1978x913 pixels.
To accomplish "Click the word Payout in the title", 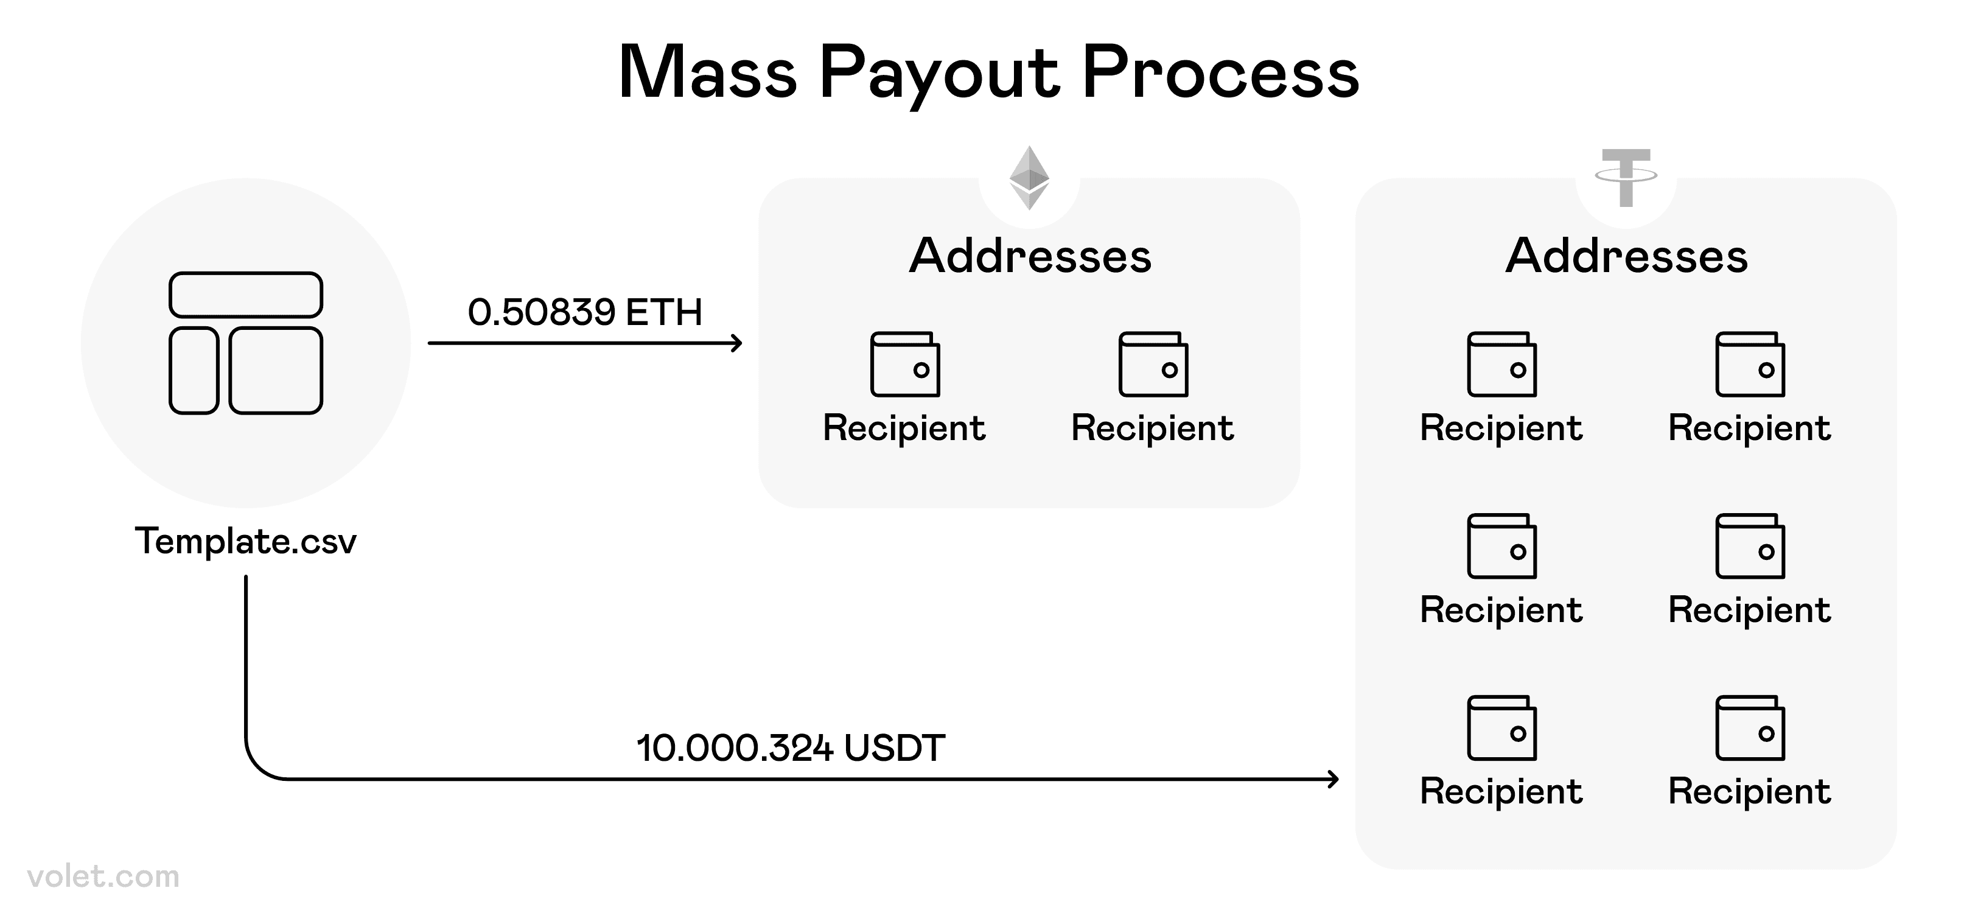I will point(939,74).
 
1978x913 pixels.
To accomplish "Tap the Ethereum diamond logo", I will point(1029,178).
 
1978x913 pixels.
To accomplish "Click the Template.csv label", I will point(246,541).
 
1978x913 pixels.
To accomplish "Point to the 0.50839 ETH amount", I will point(585,312).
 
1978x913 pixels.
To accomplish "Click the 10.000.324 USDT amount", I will point(790,748).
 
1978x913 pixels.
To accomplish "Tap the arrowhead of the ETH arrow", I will point(737,343).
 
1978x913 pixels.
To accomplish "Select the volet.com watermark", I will point(103,876).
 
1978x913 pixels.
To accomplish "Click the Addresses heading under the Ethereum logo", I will point(1030,256).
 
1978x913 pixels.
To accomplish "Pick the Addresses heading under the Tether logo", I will point(1626,256).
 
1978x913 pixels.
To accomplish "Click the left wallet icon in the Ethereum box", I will point(904,364).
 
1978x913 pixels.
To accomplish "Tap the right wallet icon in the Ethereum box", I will point(1153,364).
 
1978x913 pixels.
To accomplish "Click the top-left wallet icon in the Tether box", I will point(1501,364).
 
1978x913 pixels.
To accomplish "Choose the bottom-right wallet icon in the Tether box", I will point(1750,728).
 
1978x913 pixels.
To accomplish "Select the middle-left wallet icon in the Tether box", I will point(1501,546).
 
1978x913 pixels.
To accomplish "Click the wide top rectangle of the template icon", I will point(246,295).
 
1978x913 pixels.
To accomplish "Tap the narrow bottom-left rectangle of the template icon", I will point(194,371).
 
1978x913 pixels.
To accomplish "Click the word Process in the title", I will point(1220,74).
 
